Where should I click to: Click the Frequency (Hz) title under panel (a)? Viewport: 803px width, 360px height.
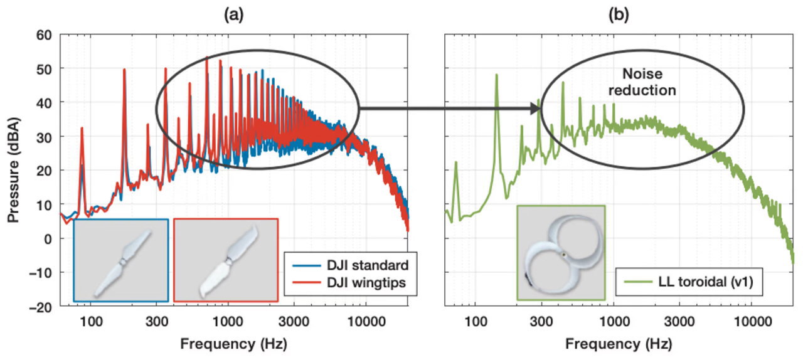(x=234, y=344)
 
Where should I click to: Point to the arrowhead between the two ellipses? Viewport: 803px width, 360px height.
(x=535, y=109)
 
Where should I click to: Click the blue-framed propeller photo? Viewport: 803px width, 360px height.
(x=121, y=260)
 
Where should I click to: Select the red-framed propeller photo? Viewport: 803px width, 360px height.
(x=225, y=260)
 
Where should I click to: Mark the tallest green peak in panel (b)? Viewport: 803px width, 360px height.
(x=496, y=75)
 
